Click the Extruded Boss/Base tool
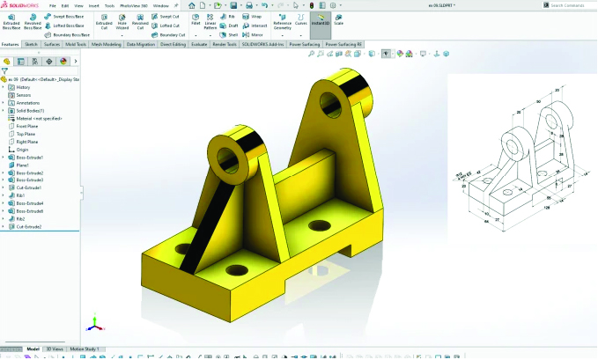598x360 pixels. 12,24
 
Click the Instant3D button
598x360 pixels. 320,21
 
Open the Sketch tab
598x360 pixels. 32,43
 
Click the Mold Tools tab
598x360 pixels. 75,43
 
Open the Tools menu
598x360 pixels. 109,5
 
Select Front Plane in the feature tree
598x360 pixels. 27,126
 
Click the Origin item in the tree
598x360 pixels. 23,150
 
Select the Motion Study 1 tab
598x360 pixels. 85,349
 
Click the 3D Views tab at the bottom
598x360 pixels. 55,349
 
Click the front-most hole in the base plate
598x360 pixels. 236,268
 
